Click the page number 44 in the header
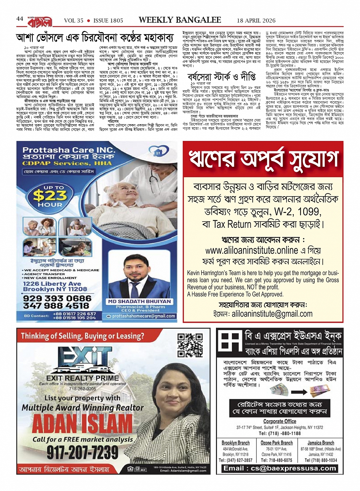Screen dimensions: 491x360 pyautogui.click(x=20, y=19)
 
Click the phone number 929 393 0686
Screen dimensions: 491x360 pyautogui.click(x=57, y=298)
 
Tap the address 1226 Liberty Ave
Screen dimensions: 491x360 pyautogui.click(x=52, y=283)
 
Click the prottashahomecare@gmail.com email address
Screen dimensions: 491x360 pyautogui.click(x=144, y=316)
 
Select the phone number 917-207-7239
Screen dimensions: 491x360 pyautogui.click(x=83, y=452)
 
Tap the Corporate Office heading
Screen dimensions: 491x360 pyautogui.click(x=280, y=421)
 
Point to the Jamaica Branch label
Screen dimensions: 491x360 pyautogui.click(x=321, y=443)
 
